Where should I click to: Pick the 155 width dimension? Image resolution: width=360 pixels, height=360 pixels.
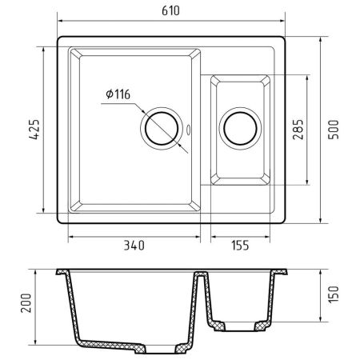(242, 246)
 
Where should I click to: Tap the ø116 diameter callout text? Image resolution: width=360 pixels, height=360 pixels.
(117, 95)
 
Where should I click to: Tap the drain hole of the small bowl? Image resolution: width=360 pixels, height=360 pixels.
(238, 128)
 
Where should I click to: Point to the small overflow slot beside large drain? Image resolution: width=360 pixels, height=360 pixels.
(189, 128)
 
